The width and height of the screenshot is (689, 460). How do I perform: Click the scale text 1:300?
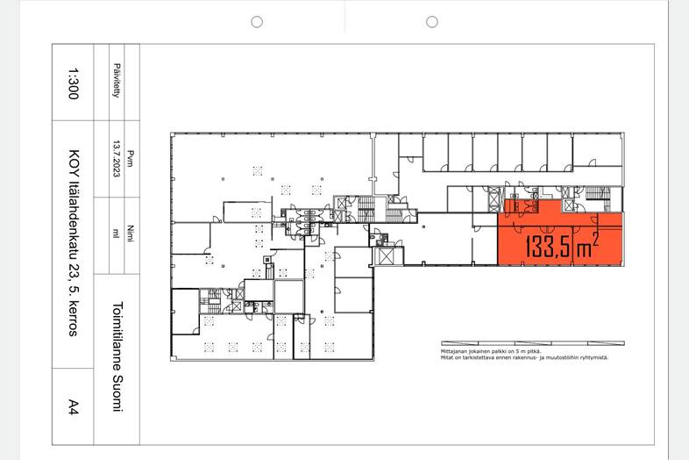[73, 83]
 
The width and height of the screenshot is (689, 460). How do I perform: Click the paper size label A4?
[73, 406]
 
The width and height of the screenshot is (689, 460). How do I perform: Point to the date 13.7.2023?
[117, 159]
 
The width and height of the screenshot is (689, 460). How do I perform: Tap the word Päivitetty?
[117, 81]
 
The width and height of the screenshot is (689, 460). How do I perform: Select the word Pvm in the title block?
[131, 159]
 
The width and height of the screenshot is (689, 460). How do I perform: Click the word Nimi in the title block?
[131, 234]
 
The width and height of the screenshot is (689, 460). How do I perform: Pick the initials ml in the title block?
[117, 234]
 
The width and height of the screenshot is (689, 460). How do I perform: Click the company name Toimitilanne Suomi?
[117, 356]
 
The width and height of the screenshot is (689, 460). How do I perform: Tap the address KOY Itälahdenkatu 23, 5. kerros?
[74, 243]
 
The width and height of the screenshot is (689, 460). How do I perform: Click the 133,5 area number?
[548, 247]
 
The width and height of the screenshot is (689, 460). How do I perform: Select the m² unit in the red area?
[586, 247]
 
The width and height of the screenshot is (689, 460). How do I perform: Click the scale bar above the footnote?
[533, 343]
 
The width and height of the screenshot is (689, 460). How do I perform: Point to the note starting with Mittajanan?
[491, 351]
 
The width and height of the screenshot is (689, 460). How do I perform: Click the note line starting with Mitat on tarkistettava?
[525, 357]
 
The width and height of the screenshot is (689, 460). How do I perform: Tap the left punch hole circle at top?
[257, 22]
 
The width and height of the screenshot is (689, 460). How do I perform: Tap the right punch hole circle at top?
[432, 22]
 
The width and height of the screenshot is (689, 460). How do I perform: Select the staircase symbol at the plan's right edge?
[598, 193]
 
